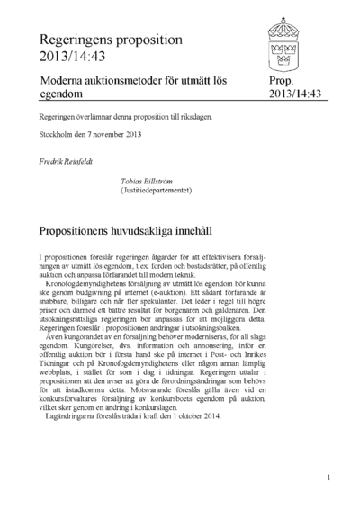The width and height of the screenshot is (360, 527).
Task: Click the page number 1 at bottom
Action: point(328,478)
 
